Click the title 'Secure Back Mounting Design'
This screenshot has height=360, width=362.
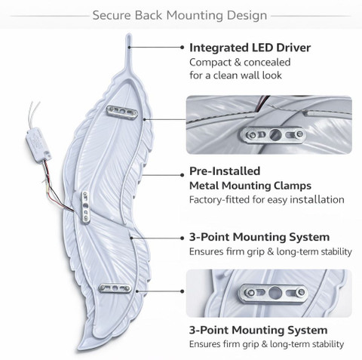point(179,15)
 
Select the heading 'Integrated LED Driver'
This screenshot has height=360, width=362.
point(250,48)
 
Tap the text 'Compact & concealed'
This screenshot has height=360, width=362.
point(240,62)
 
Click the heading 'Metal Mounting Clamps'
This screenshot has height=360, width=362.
point(250,186)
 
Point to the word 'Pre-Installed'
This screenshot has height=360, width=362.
point(225,171)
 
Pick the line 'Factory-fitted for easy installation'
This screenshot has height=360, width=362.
point(267,200)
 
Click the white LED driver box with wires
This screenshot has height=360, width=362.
point(38,144)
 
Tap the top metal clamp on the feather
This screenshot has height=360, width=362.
point(122,112)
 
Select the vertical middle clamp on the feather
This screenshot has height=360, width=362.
point(86,208)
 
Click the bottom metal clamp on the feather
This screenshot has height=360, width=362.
point(115,288)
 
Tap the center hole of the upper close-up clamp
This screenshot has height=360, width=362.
point(275,134)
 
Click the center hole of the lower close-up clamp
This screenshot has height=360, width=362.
point(275,293)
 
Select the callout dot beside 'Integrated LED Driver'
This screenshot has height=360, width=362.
point(183,47)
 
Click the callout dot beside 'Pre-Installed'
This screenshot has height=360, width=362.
point(183,175)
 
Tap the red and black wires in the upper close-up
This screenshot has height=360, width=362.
point(262,103)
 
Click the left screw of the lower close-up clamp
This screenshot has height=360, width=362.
point(250,292)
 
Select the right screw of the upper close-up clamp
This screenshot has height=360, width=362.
point(299,134)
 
